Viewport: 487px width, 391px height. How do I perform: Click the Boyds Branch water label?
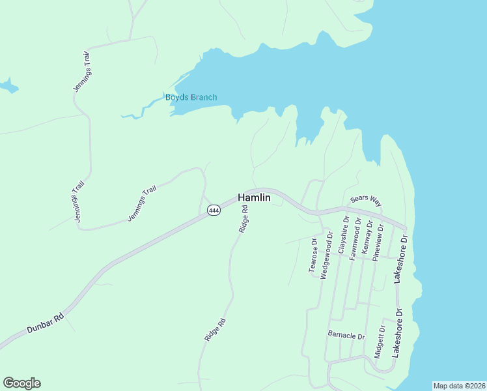[x=191, y=98]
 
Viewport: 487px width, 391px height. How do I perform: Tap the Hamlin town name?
[x=254, y=197]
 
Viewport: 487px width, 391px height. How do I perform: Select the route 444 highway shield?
[x=214, y=210]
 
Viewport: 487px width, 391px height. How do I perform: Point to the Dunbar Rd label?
[x=45, y=323]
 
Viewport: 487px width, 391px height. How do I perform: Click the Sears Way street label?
[x=365, y=201]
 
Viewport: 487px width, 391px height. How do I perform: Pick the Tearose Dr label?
[x=313, y=255]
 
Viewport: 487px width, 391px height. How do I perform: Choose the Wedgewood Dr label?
[x=327, y=251]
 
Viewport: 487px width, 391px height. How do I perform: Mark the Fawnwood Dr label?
[x=355, y=240]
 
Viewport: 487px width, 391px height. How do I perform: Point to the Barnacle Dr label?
[x=346, y=336]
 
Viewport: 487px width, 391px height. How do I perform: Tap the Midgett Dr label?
[x=380, y=341]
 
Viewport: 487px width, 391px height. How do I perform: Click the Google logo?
[x=21, y=383]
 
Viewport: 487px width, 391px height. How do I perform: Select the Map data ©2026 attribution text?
[x=458, y=386]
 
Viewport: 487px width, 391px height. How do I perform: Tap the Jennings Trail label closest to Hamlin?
[x=143, y=203]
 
